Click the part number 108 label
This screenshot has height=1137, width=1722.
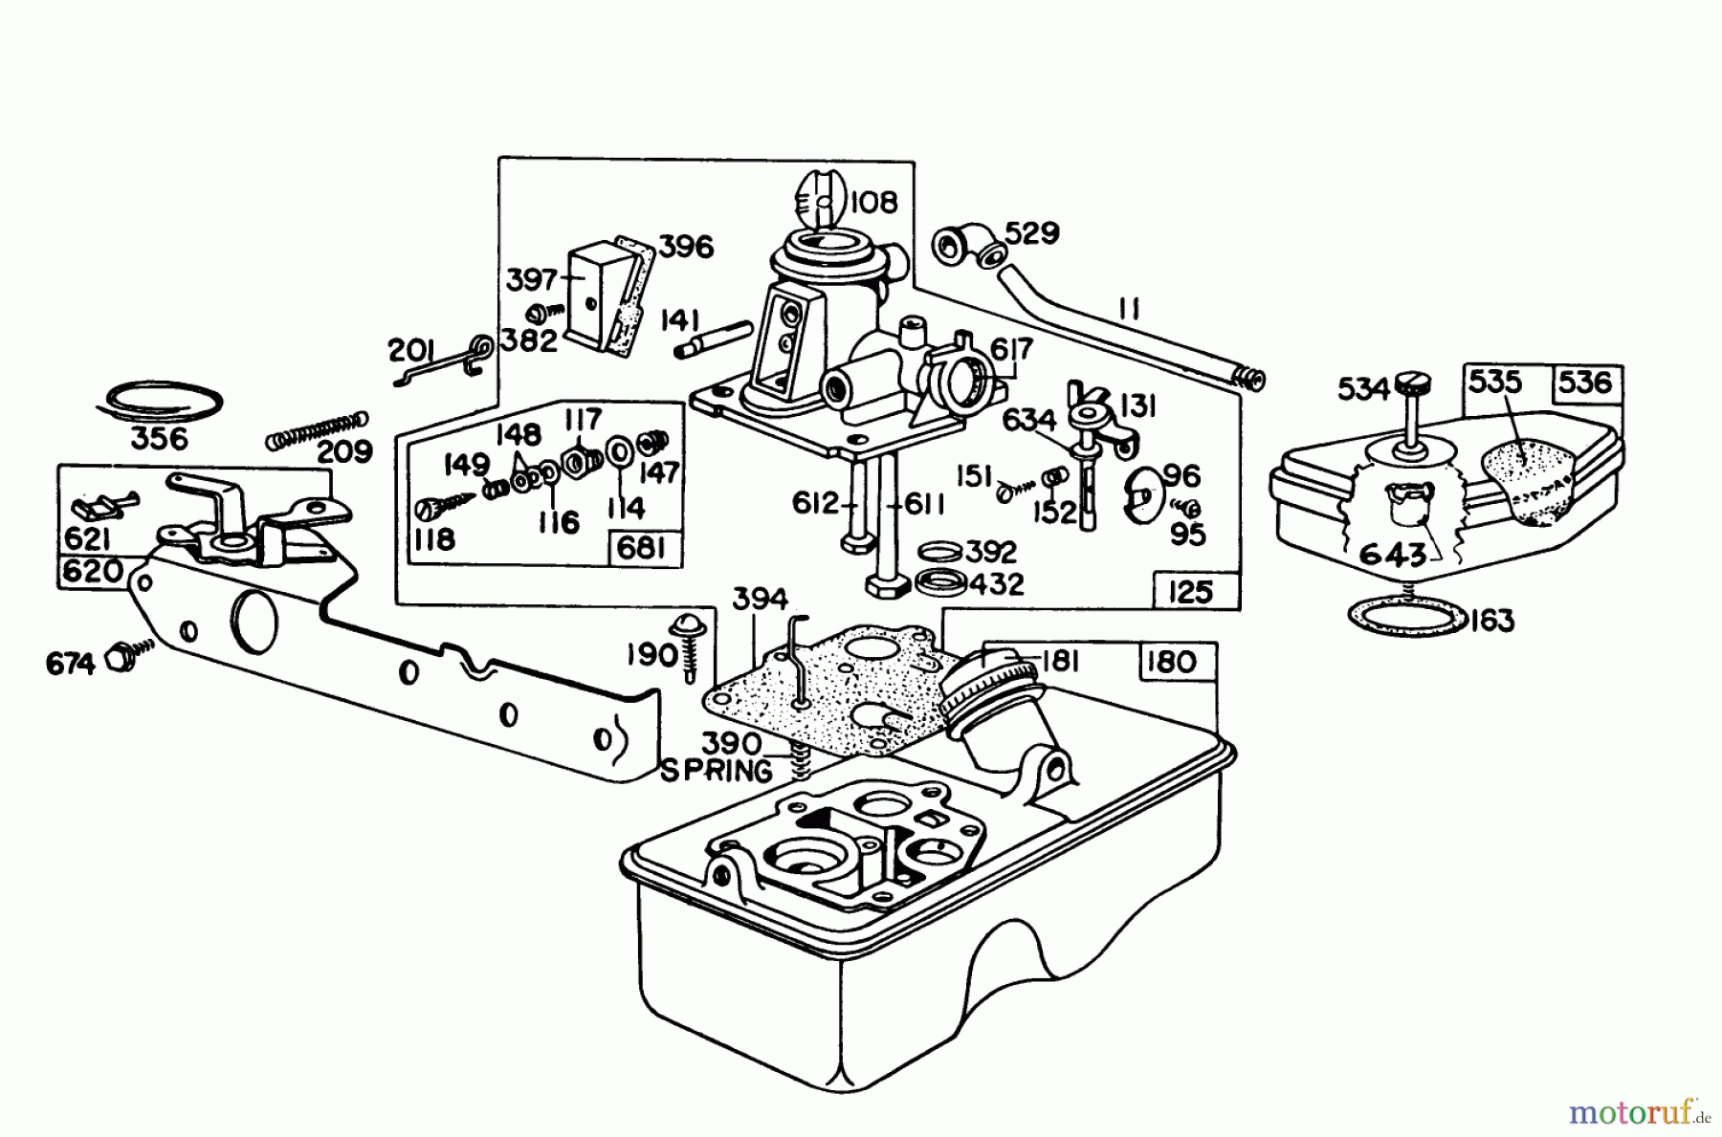tap(874, 203)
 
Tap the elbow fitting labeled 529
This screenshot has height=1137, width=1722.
tap(962, 248)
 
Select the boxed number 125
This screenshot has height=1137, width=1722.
tap(1190, 592)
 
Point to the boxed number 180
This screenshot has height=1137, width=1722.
tap(1171, 661)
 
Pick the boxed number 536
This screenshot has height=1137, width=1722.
tap(1585, 383)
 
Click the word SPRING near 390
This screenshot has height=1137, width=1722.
tap(716, 771)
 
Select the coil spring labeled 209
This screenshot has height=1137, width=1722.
tap(316, 429)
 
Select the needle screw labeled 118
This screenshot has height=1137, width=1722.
tap(440, 504)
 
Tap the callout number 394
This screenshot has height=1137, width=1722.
tap(760, 600)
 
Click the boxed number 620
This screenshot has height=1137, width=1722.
tap(93, 571)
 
